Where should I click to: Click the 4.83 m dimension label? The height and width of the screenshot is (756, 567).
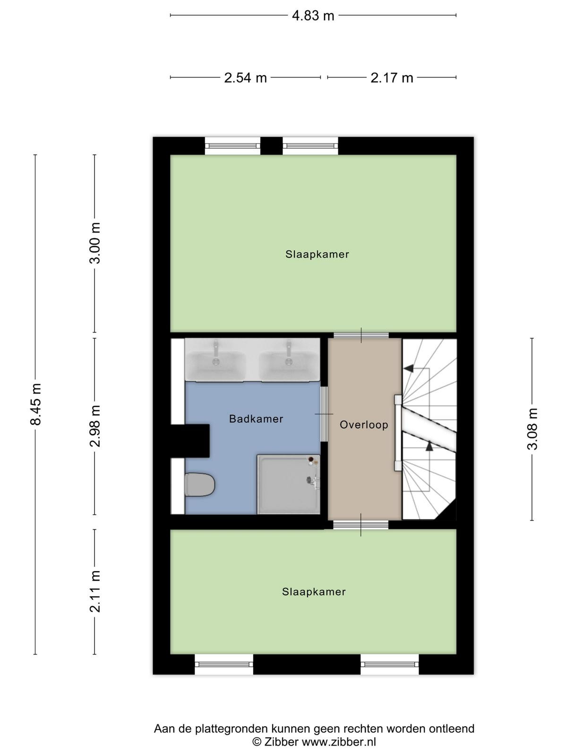(313, 16)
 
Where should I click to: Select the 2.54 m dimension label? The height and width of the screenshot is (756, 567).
(245, 78)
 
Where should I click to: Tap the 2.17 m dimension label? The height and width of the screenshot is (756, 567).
(391, 78)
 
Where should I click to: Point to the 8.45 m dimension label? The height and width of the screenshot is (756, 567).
(35, 404)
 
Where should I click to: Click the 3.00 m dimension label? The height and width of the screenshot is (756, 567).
(94, 243)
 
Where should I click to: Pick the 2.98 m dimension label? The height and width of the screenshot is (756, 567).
(94, 426)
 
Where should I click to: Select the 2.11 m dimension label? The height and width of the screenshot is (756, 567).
(94, 592)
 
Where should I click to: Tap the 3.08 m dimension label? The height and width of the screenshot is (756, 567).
(532, 429)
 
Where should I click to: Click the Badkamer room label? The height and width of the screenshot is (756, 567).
(256, 419)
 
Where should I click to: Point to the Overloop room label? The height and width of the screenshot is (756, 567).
(364, 425)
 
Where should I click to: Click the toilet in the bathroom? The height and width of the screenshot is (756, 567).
(200, 485)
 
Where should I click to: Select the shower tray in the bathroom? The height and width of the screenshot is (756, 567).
(289, 484)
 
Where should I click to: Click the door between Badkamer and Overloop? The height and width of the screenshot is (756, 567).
(324, 414)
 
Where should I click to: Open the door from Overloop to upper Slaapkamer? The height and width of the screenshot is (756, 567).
(361, 335)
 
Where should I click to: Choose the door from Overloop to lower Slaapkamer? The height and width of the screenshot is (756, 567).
(361, 525)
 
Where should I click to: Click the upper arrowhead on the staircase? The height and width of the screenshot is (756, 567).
(408, 369)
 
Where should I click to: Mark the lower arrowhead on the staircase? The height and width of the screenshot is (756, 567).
(429, 447)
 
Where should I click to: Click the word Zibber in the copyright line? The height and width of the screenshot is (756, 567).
(281, 742)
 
